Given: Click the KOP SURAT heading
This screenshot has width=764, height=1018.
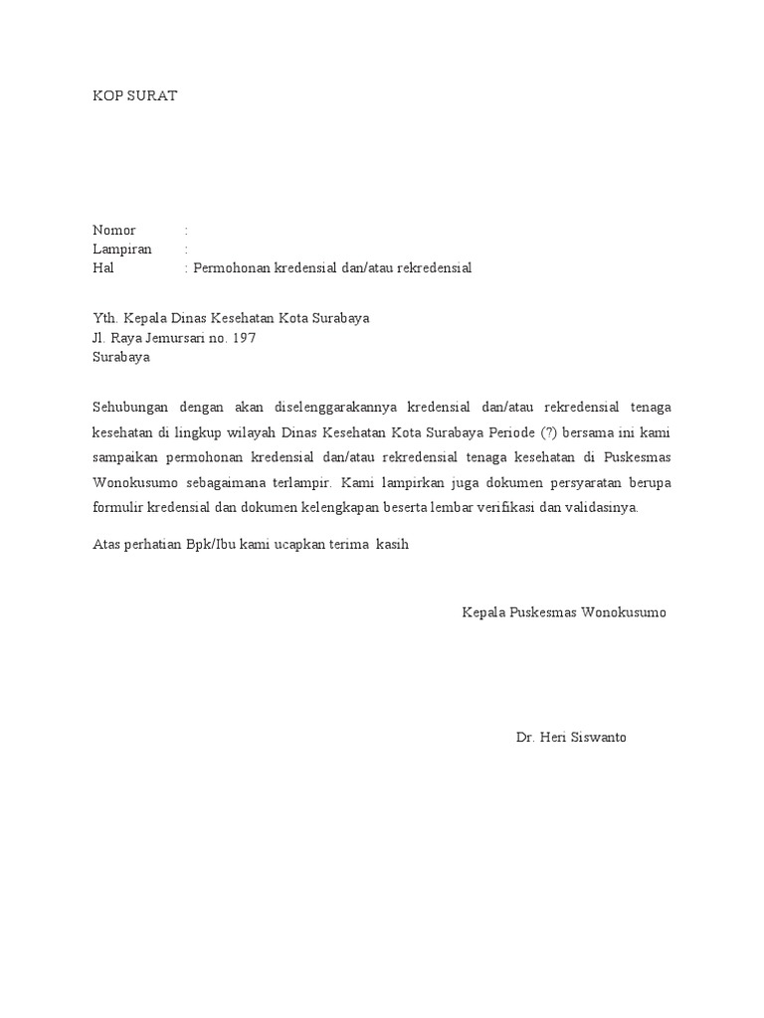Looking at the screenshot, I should point(134,96).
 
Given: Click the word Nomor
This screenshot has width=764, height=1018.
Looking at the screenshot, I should point(114,231).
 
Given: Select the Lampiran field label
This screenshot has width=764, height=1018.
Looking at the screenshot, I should point(122,250).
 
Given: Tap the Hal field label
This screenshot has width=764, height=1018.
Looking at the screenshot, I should point(103,268).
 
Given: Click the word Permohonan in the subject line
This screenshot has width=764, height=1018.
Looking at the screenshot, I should point(232,268).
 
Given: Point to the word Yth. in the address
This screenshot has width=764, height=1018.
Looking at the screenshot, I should point(105,319).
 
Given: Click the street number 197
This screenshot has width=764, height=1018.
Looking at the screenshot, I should point(244,338).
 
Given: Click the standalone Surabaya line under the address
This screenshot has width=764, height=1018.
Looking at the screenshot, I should point(121,357).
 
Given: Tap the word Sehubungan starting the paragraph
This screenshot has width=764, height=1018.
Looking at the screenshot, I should point(131,408).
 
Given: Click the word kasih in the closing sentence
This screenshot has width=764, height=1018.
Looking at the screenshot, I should point(392,545).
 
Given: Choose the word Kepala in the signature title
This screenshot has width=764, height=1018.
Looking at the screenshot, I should point(483,611).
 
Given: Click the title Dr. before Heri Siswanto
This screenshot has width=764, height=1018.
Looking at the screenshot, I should point(526,739).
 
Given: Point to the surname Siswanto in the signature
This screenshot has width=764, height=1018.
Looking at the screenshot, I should point(599,739).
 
